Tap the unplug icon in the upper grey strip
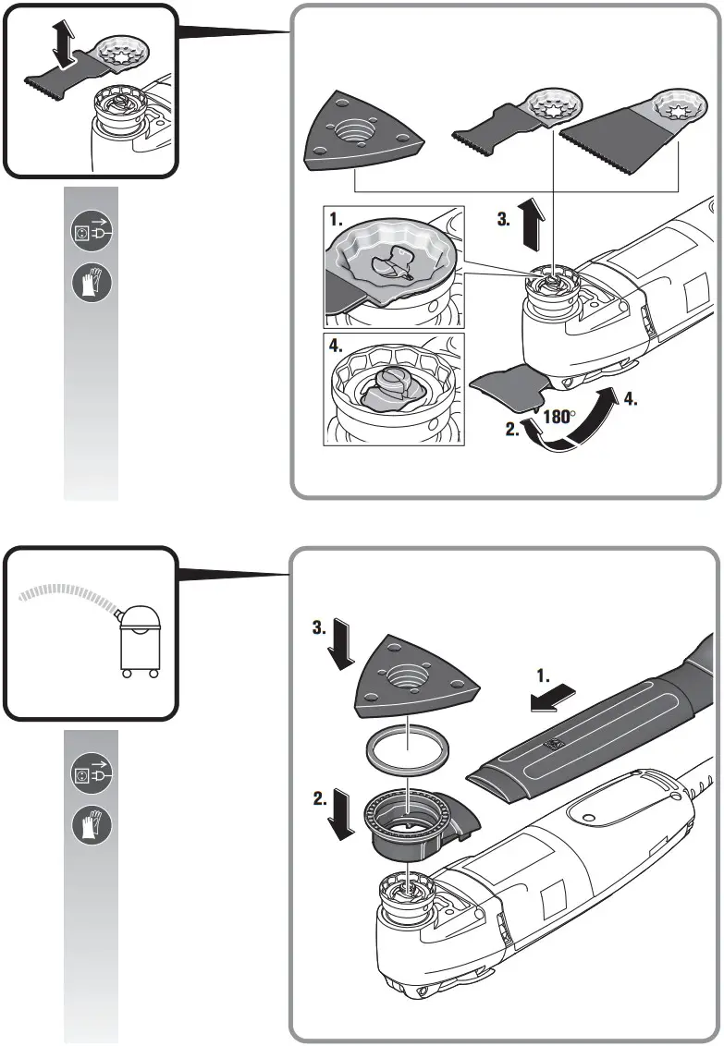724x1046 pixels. tap(91, 232)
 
